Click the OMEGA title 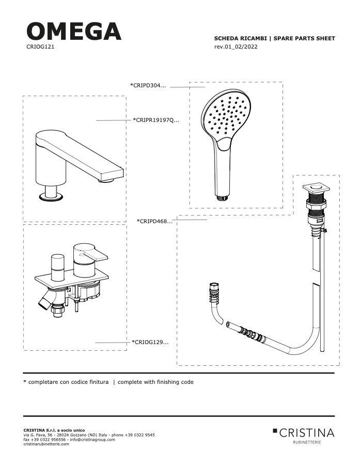pos(74,31)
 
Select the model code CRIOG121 pos(40,47)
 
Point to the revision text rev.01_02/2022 pos(236,47)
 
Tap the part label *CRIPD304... pos(148,85)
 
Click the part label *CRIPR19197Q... pos(156,120)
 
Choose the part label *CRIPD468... pos(154,221)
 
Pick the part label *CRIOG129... pos(150,342)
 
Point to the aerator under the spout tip pos(107,180)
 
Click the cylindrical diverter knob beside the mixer pos(58,267)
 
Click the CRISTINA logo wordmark pos(303,433)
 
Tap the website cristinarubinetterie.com pos(46,444)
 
